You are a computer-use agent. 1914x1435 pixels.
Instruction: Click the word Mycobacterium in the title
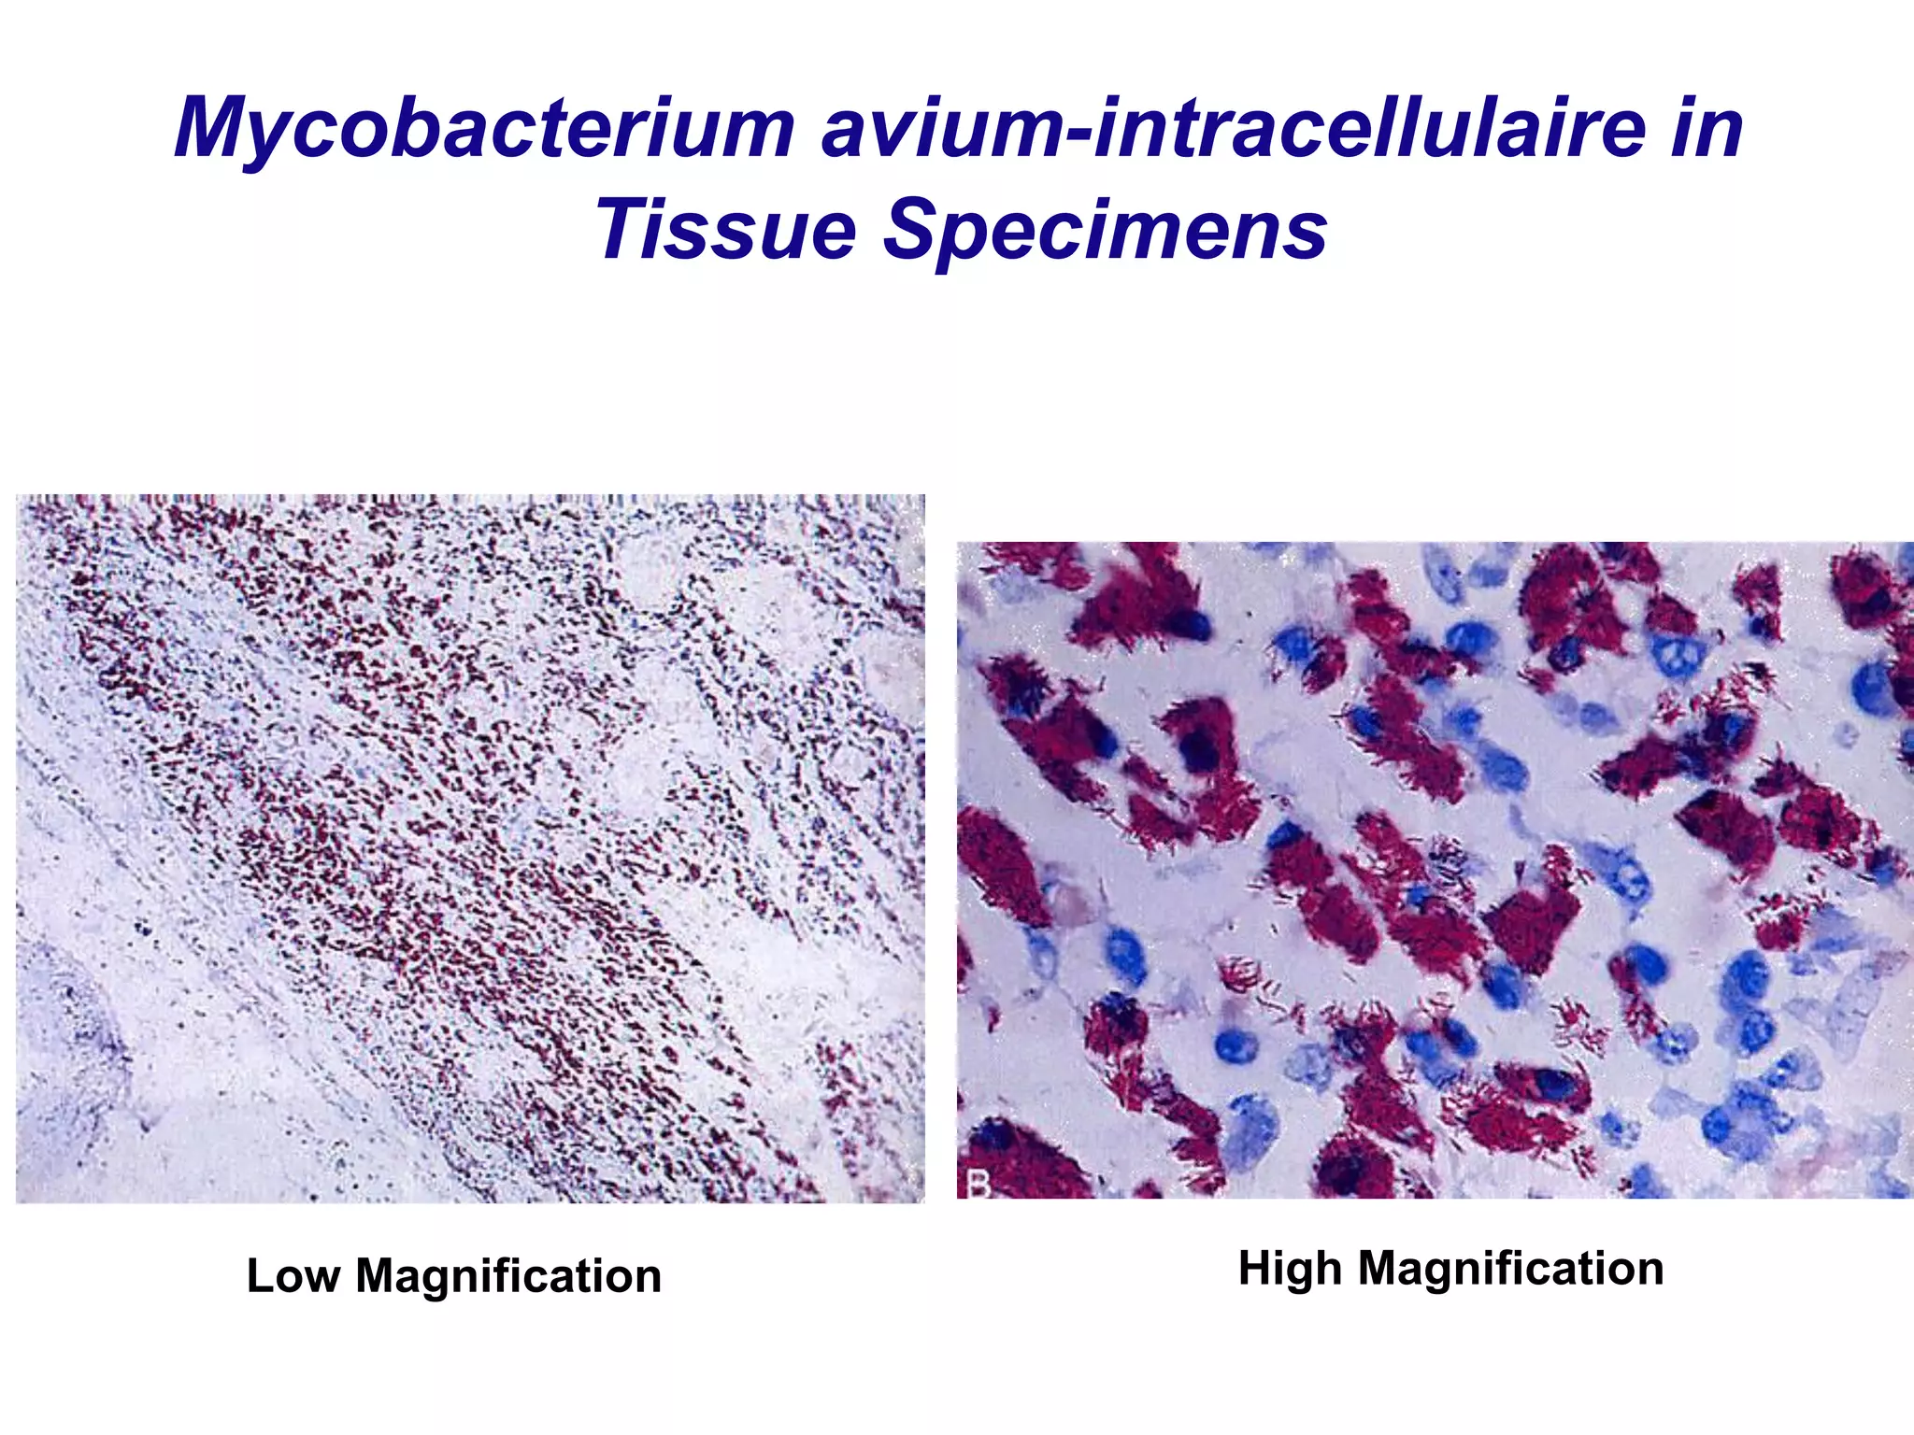click(484, 129)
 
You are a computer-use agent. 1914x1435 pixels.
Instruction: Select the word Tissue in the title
click(725, 230)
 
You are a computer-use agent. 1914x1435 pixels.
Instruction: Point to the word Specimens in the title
click(1105, 230)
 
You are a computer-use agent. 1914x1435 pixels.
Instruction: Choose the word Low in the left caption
click(293, 1276)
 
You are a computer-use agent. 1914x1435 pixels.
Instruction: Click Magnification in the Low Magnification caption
click(508, 1276)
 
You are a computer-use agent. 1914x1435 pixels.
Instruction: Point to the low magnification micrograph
click(470, 848)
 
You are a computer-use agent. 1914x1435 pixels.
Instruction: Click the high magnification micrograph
click(1435, 870)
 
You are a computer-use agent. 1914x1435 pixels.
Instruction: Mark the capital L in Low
click(259, 1276)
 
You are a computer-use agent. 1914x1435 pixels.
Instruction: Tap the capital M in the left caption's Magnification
click(377, 1276)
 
